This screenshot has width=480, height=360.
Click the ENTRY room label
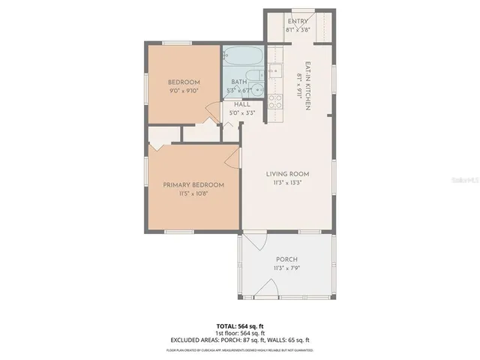coord(297,21)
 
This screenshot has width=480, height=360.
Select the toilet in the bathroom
coord(257,89)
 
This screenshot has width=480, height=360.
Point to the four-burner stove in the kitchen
coord(274,101)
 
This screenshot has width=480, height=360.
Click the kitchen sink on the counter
coord(274,71)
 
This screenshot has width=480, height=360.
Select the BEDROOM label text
coord(183,82)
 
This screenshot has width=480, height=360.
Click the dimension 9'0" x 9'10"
coord(183,91)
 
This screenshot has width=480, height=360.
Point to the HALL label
coord(241,105)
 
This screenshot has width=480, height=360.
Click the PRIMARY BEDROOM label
coord(193,184)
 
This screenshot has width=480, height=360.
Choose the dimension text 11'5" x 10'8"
coord(193,194)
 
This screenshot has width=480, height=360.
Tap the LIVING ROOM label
coord(287,174)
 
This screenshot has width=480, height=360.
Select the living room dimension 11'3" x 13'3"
coord(287,184)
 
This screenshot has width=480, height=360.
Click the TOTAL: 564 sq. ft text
coord(240,326)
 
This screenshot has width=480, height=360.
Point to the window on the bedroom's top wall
coord(183,43)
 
